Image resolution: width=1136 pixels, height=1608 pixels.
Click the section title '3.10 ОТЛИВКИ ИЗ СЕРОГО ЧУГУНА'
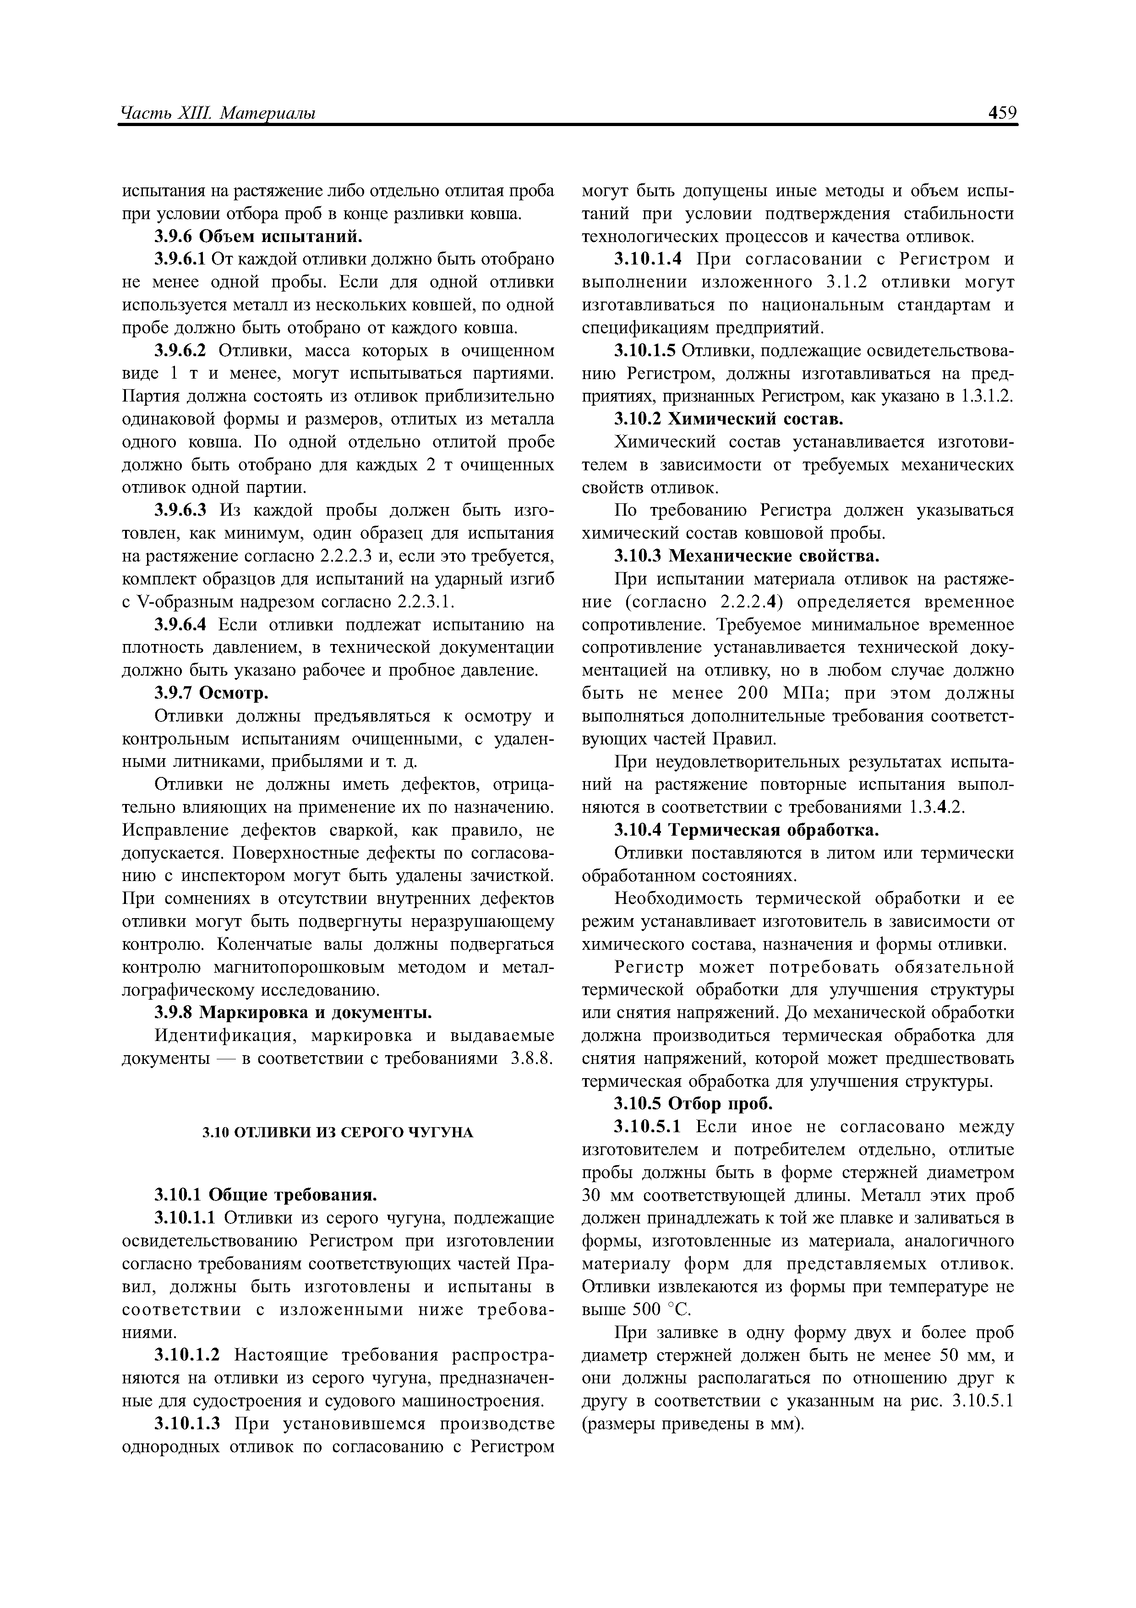click(338, 1133)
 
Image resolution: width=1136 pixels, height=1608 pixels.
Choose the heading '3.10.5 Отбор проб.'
click(693, 1104)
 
